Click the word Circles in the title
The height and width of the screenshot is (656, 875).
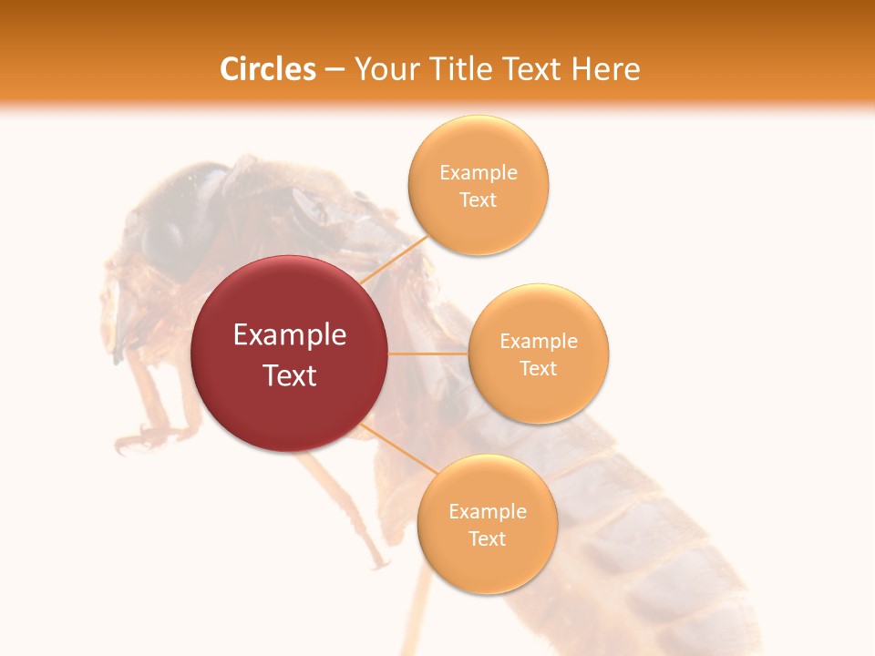coord(267,69)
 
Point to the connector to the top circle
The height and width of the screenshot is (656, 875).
coord(396,259)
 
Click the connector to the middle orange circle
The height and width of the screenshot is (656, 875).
coord(427,354)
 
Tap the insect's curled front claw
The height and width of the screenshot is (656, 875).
coord(137,441)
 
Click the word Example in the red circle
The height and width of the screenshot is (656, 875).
coord(290,335)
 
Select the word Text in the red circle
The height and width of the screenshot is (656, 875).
coord(290,375)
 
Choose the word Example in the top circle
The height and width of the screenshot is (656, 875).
coord(479,173)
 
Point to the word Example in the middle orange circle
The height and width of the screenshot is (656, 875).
coord(539,342)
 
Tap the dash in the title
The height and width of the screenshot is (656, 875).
coord(335,69)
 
